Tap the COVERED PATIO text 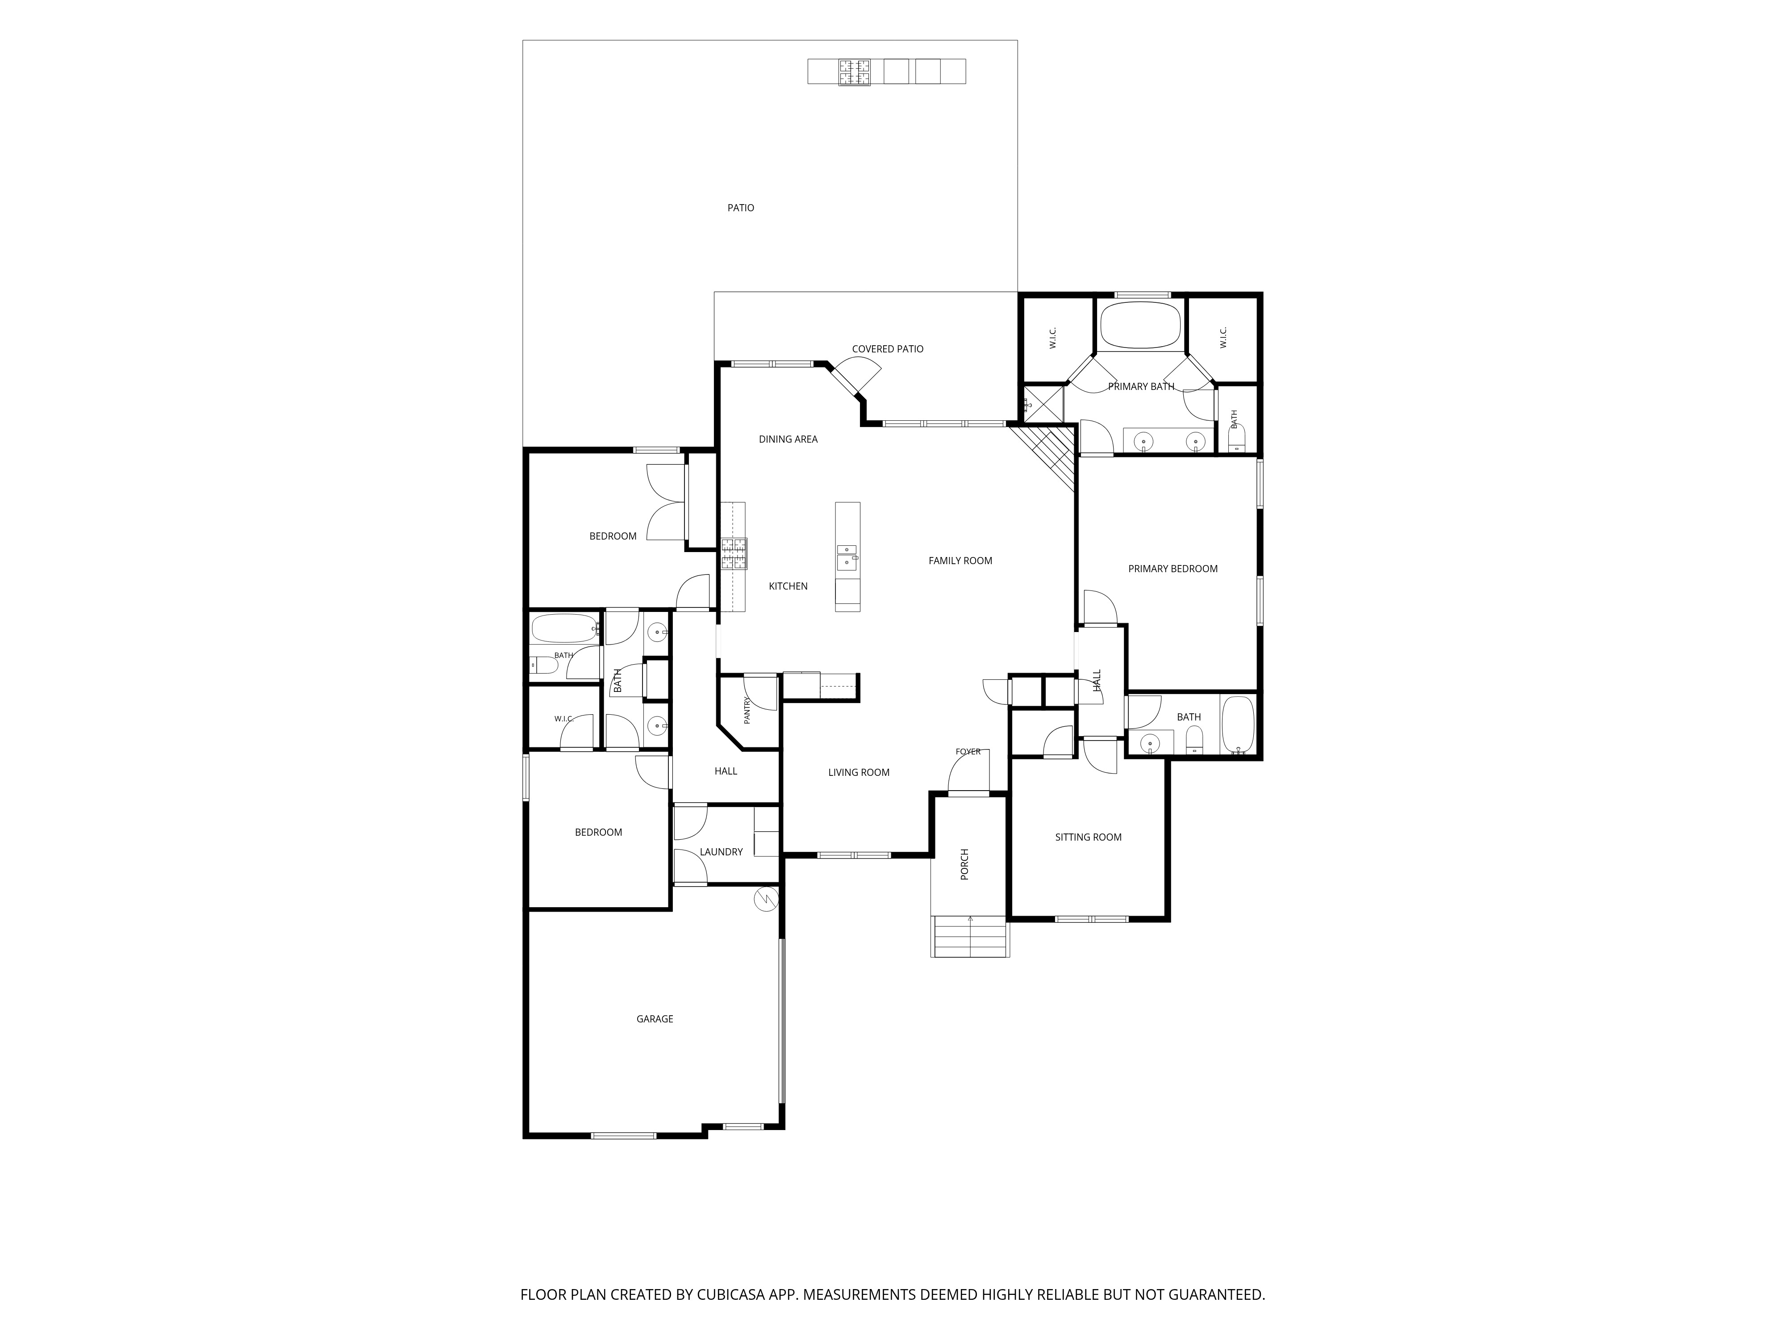(x=887, y=349)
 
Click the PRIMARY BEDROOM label (x=1173, y=569)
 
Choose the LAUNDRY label (x=721, y=852)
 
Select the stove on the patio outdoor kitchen (x=854, y=72)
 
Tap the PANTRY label (x=747, y=711)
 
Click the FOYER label (x=968, y=752)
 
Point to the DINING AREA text (x=788, y=440)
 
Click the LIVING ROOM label (x=858, y=773)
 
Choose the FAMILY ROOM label (x=960, y=561)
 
